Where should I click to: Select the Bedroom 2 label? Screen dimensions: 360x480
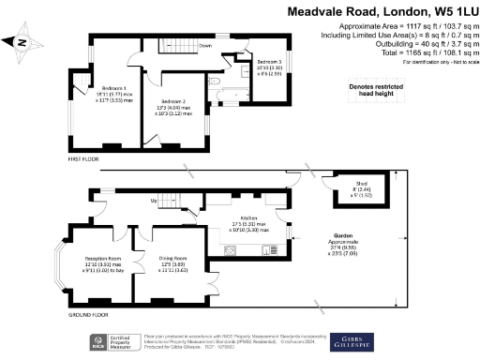pos(175,104)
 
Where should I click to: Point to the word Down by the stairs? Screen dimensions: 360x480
pos(204,44)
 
